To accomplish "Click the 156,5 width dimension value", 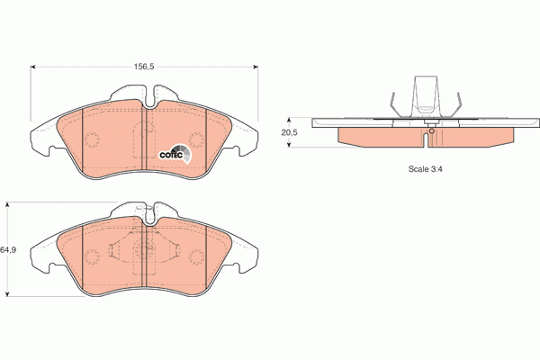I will click(145, 66).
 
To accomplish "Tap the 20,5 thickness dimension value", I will click(289, 132).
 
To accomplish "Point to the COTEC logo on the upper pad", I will click(173, 153).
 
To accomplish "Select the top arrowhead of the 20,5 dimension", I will click(289, 118).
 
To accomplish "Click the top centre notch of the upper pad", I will click(147, 93).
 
